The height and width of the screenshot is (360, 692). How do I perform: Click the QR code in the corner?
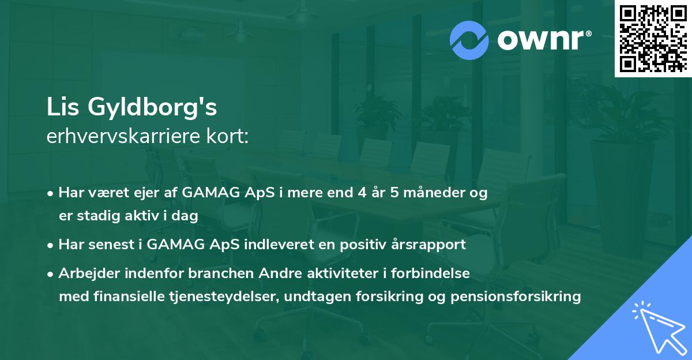tap(653, 38)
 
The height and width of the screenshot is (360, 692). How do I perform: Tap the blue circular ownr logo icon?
tap(469, 40)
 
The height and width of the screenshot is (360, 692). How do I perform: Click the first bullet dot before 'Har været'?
tap(51, 193)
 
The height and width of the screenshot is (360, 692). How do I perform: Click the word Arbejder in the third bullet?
tap(87, 273)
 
